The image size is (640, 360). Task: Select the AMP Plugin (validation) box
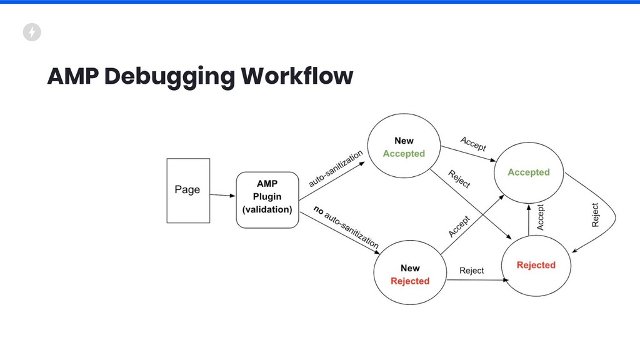coord(267,200)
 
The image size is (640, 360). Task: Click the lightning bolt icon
coord(32,32)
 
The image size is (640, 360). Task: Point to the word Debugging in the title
coord(169,76)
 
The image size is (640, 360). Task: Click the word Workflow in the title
coord(297,76)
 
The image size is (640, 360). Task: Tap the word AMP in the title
coord(72,76)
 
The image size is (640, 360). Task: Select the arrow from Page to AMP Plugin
coord(222,196)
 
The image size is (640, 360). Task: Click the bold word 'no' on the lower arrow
coord(318,210)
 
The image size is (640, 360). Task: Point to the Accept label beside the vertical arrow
coord(541,217)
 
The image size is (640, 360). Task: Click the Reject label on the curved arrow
coord(595,215)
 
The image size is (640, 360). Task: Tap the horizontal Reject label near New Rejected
coord(471,271)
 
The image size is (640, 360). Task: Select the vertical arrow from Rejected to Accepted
coord(529,220)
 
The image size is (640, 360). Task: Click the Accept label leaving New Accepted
coord(473,144)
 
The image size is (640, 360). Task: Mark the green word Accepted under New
coord(404,154)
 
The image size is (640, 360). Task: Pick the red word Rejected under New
coord(410,281)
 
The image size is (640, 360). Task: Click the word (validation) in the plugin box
coord(267,209)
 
